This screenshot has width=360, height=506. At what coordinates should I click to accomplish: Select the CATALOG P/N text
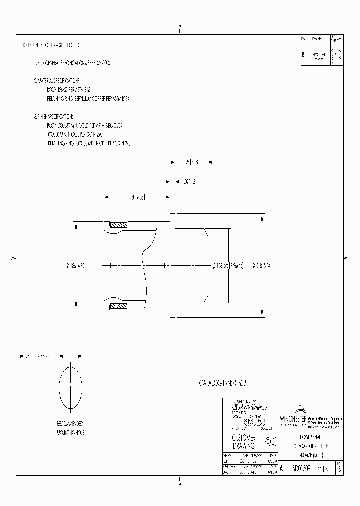[222, 383]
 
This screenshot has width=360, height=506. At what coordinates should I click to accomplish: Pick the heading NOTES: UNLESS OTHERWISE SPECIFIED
[50, 45]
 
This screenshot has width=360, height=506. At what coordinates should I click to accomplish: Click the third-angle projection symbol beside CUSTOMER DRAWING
[270, 442]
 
